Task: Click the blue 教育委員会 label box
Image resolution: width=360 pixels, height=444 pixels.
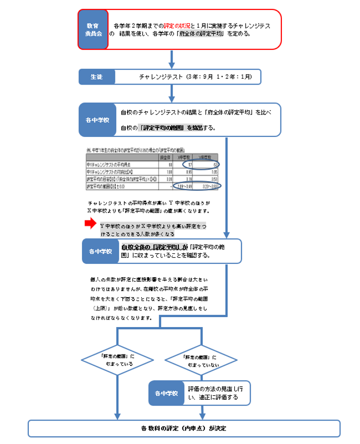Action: [92, 29]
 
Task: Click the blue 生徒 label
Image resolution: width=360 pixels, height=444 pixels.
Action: [96, 77]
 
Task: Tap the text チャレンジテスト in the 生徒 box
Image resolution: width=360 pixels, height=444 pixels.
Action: [161, 77]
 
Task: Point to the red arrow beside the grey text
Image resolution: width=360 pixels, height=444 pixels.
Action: [90, 224]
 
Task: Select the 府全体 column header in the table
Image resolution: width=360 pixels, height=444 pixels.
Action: [162, 157]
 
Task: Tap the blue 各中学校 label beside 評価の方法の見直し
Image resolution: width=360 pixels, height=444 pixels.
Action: [166, 393]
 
